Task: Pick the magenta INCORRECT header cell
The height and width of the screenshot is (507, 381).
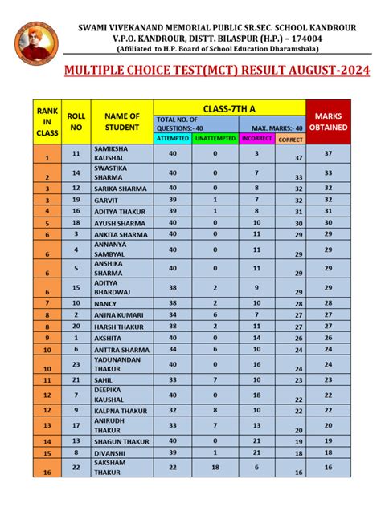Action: point(256,139)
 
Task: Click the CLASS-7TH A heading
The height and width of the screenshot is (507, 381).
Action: point(230,107)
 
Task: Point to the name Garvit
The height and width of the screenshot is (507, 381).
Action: point(106,200)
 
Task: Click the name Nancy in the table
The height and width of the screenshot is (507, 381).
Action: point(106,303)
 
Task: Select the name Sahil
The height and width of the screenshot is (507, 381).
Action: point(104,379)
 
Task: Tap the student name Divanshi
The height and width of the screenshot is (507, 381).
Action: point(111,453)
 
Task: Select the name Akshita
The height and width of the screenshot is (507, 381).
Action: point(110,338)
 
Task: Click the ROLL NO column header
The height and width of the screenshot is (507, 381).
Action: point(76,121)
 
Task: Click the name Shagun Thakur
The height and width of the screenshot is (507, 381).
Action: point(122,441)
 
